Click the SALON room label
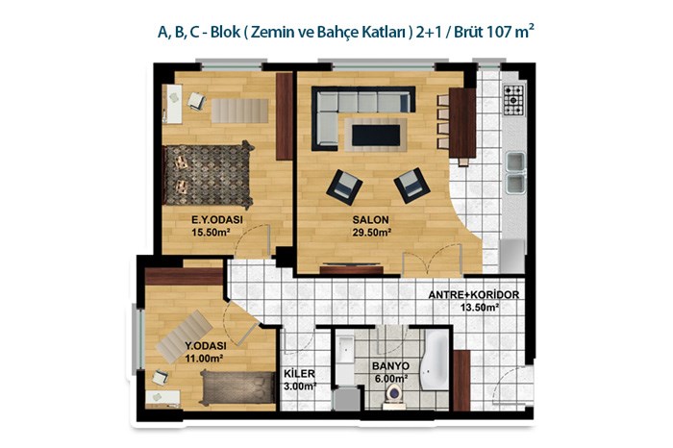[370, 220]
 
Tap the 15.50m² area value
[211, 233]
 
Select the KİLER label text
[300, 374]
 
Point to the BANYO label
[390, 366]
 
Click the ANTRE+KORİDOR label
[474, 295]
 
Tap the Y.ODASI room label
[206, 346]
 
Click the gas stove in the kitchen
[514, 100]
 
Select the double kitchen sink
[515, 172]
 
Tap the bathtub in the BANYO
[435, 360]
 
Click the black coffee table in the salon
[376, 136]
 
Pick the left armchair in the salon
[344, 187]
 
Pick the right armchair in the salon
[412, 185]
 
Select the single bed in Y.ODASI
[237, 387]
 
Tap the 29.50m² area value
[372, 233]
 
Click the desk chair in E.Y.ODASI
[196, 101]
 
